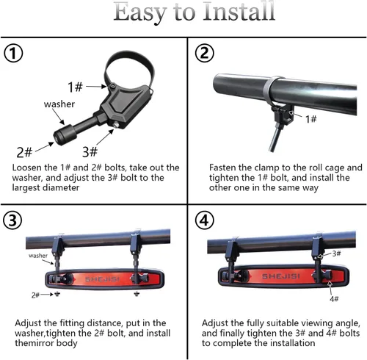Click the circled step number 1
[13, 54]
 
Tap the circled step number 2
[204, 53]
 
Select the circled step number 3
[12, 220]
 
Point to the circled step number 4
[204, 220]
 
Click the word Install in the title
[239, 12]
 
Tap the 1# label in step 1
[75, 87]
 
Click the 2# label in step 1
[24, 152]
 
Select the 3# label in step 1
[90, 151]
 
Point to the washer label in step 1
[59, 104]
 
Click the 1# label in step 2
[310, 119]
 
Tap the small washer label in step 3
[38, 256]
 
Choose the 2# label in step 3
[35, 295]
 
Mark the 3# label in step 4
[336, 253]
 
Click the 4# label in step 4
[334, 299]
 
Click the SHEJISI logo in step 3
[102, 279]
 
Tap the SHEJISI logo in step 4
[280, 276]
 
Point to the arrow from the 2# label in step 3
[46, 295]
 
